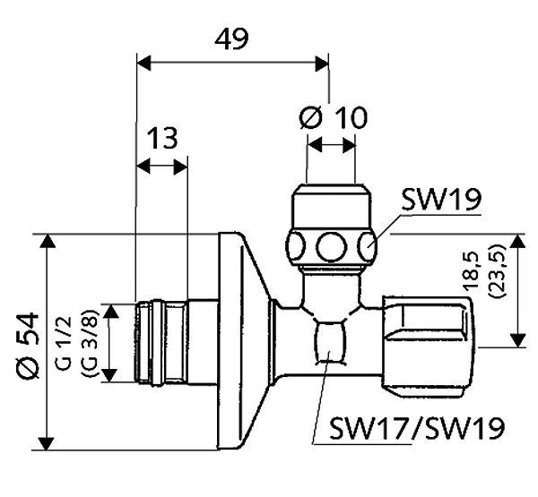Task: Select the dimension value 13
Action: click(x=161, y=139)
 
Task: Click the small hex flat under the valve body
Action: click(x=332, y=343)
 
